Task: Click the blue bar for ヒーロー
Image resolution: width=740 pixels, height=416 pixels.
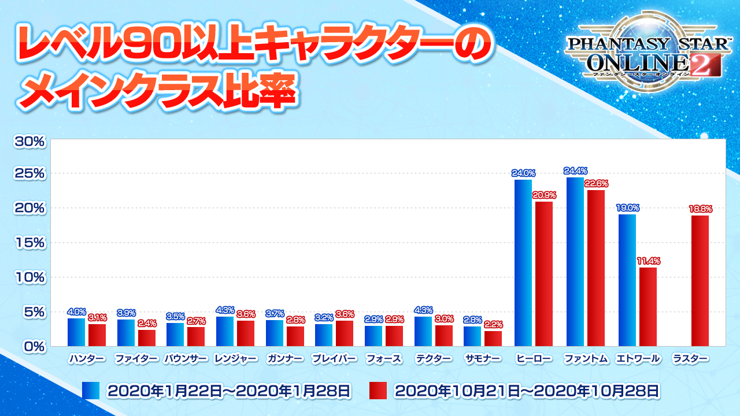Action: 523,263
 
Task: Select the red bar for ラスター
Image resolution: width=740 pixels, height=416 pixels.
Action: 700,281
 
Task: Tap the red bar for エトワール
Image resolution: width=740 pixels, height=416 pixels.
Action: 648,307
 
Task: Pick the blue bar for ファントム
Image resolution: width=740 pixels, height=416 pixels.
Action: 575,262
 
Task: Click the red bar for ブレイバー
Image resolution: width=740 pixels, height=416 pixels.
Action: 345,333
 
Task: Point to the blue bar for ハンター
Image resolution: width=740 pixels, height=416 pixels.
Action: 76,332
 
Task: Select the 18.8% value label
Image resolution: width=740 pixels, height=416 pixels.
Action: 700,209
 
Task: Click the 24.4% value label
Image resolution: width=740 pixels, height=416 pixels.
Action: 576,170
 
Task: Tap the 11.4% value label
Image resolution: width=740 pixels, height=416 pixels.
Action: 648,261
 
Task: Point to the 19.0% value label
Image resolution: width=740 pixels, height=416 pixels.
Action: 627,208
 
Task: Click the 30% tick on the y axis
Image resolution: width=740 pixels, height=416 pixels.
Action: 28,140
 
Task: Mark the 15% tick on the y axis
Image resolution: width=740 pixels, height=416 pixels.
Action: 28,243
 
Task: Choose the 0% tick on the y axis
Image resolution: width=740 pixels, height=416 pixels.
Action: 32,347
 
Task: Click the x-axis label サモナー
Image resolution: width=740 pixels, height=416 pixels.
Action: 484,359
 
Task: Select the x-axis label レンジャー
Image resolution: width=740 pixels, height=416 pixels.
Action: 235,359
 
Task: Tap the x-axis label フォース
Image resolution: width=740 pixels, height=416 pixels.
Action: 384,359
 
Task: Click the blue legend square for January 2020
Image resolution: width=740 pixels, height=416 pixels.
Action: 91,391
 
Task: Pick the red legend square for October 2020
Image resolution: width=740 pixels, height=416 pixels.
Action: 378,391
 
